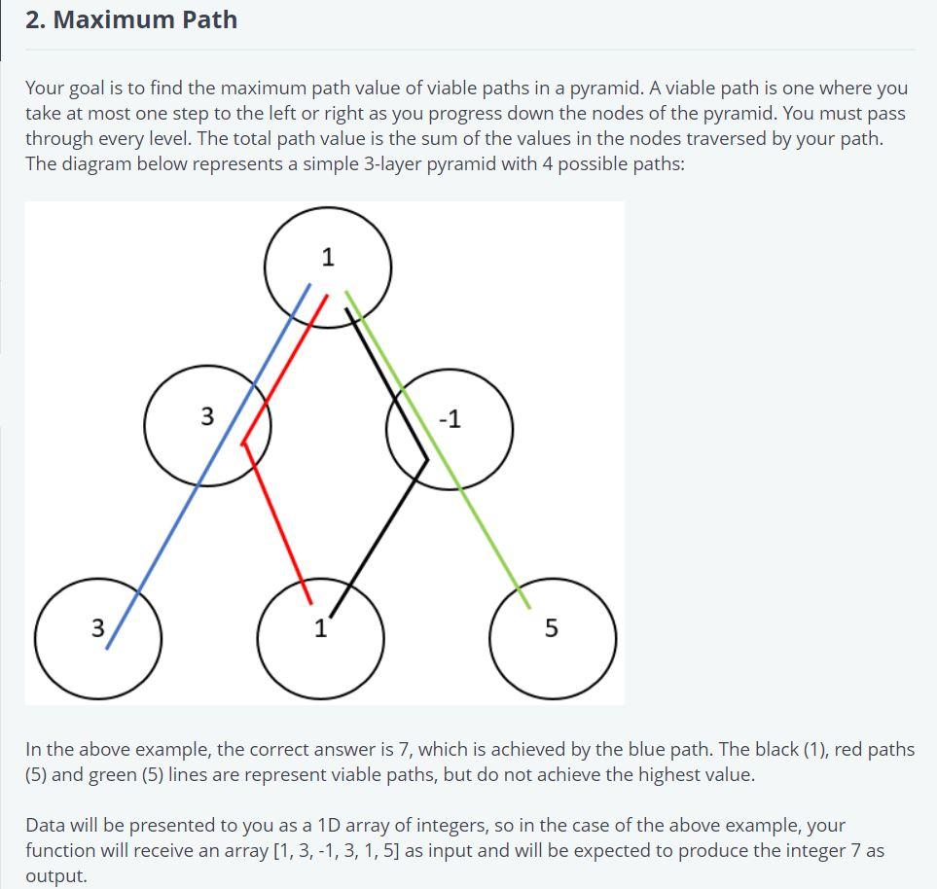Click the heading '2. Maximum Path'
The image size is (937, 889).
coord(131,19)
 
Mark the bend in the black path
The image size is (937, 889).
coord(426,459)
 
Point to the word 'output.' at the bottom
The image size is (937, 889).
coord(56,875)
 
